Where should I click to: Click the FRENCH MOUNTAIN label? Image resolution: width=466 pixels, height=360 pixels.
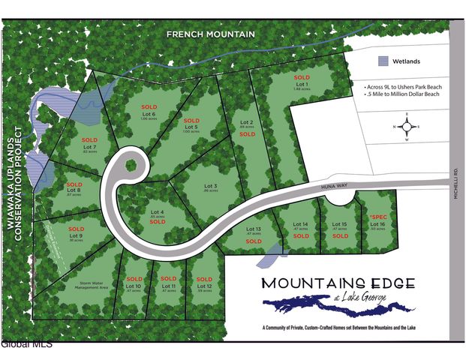(211, 34)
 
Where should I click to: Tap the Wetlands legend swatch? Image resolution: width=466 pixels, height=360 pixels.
(383, 61)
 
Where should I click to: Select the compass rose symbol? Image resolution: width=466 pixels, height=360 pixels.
(407, 127)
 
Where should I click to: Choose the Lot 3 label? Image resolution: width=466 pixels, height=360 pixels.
(211, 186)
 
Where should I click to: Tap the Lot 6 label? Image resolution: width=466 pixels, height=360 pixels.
(149, 113)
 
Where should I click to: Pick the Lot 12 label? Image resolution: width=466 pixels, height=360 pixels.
(204, 286)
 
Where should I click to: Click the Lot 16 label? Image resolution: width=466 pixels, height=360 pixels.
(377, 224)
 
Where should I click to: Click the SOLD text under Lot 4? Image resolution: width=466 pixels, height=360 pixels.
(157, 222)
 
